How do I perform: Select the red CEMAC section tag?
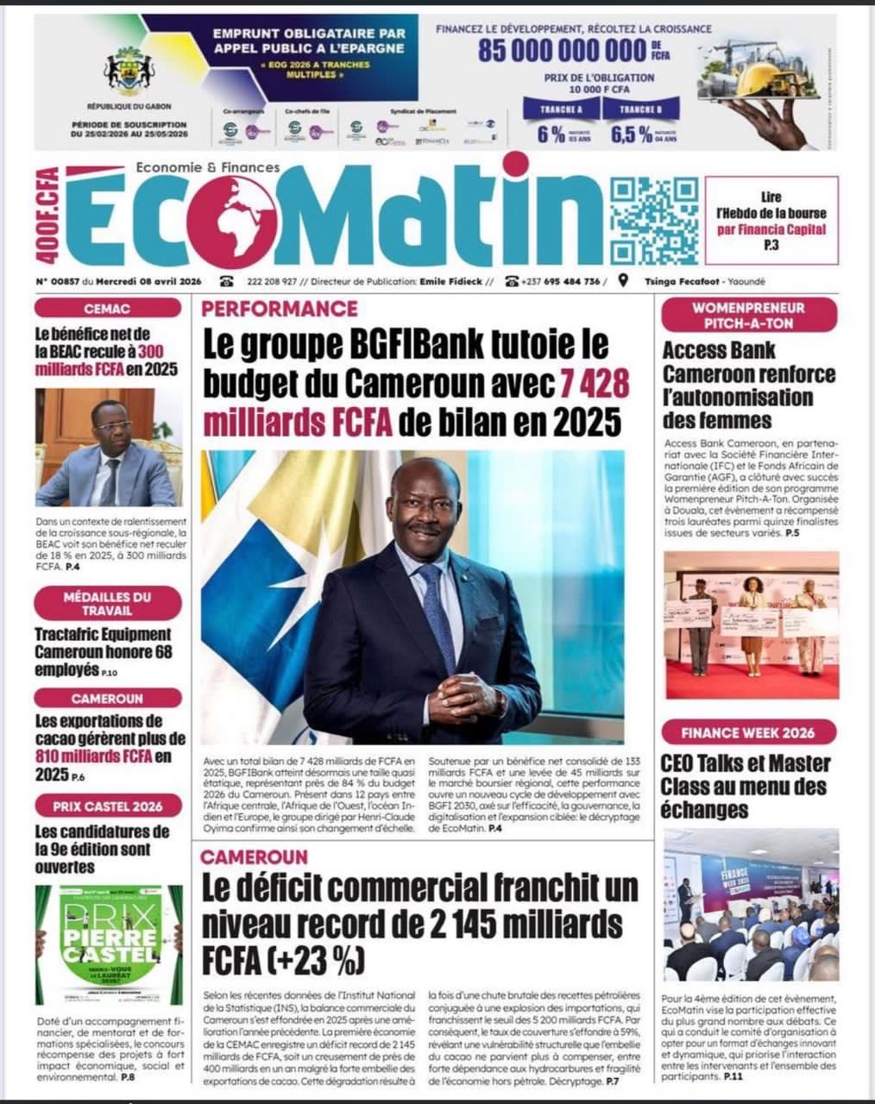click(108, 308)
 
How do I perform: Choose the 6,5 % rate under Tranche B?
click(631, 134)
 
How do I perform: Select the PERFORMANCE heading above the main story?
click(280, 308)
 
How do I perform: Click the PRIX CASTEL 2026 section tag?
click(108, 806)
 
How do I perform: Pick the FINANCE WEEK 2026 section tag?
click(747, 733)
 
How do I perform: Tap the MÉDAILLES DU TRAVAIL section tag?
click(108, 603)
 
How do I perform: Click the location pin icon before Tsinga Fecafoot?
click(623, 281)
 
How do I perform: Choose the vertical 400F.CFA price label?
click(48, 216)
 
